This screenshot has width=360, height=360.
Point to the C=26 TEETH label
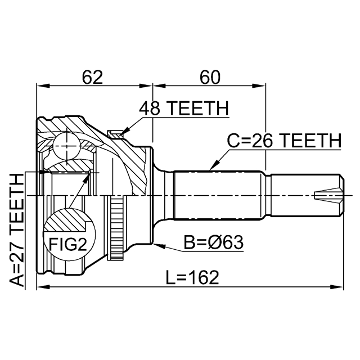coord(283,140)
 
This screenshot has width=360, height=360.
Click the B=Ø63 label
coord(214,243)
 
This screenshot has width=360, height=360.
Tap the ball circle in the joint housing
coord(66,145)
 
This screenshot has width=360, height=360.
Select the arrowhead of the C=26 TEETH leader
coord(210,169)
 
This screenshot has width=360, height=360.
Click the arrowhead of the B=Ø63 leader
coord(156,245)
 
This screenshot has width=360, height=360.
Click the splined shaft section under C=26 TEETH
coord(219,194)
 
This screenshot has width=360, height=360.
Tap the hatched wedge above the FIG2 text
coord(66,219)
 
